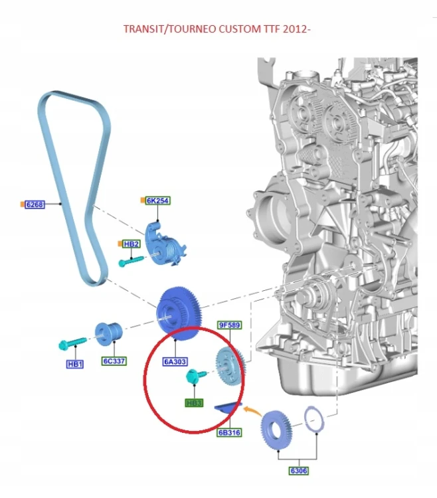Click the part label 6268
pos(35,205)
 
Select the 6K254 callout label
pos(157,201)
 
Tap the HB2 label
pos(131,244)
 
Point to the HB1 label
pos(75,364)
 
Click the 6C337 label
pos(114,361)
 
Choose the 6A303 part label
pos(175,362)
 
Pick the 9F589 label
pos(230,325)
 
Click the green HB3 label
pos(194,403)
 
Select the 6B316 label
pos(229,432)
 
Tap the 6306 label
pos(299,470)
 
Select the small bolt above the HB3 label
pos(195,375)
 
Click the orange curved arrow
pos(252,410)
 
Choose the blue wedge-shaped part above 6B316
pos(228,408)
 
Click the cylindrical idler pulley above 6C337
pos(109,334)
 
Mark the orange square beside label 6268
pos(22,205)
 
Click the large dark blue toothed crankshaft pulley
pos(179,313)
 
